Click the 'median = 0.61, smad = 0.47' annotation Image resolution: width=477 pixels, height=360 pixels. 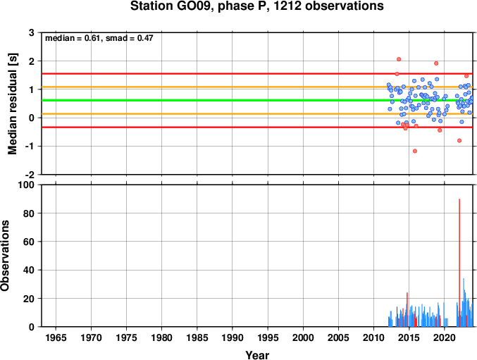[x=99, y=38]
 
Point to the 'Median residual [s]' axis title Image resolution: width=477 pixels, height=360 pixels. [x=12, y=104]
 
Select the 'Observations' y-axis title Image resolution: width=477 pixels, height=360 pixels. [x=5, y=256]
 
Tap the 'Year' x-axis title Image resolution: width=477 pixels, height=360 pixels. [x=257, y=355]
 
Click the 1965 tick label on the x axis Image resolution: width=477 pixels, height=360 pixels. [x=56, y=337]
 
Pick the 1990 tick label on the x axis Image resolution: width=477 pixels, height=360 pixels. [x=233, y=337]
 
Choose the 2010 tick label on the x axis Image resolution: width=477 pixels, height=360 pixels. [x=373, y=337]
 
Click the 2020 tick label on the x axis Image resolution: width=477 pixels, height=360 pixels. [x=444, y=337]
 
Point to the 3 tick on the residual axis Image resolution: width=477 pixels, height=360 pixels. [x=32, y=32]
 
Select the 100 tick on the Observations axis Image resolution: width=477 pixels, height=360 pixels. [x=27, y=185]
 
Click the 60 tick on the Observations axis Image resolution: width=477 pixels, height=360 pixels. [x=29, y=242]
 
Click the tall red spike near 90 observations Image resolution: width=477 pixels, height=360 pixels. [x=459, y=263]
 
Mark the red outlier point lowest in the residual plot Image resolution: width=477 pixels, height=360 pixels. [x=415, y=151]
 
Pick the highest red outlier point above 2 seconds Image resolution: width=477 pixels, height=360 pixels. [x=399, y=59]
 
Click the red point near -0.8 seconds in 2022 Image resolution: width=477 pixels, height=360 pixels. [x=459, y=140]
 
